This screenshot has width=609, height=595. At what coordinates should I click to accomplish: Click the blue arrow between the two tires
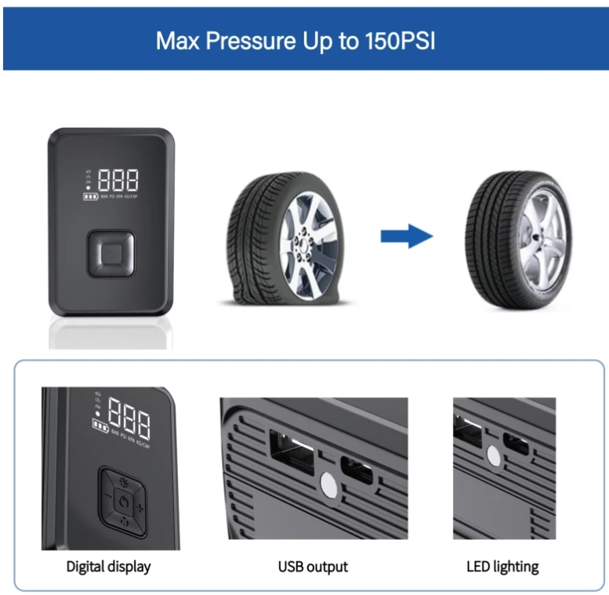click(407, 235)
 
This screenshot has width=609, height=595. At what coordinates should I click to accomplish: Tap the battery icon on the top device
click(91, 196)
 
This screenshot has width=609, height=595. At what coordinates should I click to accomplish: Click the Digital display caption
click(108, 566)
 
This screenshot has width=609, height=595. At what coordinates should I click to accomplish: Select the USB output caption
click(313, 566)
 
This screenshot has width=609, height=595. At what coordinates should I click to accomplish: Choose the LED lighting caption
click(502, 566)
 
